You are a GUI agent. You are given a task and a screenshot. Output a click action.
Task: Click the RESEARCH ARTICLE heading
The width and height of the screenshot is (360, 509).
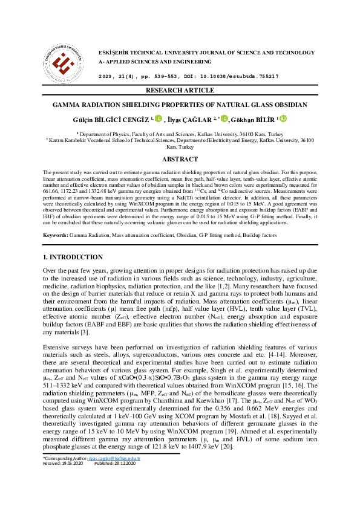click(180, 91)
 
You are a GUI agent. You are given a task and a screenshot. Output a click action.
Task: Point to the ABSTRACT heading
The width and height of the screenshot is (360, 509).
click(180, 159)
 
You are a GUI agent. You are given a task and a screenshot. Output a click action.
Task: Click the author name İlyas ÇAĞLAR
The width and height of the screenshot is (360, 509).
click(193, 120)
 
